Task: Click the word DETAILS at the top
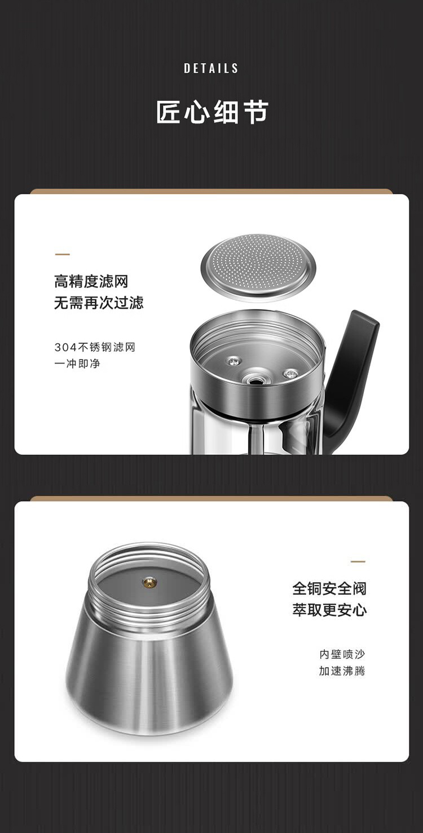pyautogui.click(x=211, y=68)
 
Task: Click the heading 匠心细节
pyautogui.click(x=211, y=112)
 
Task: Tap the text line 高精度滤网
pyautogui.click(x=91, y=281)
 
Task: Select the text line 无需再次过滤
pyautogui.click(x=99, y=303)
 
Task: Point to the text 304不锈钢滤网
pyautogui.click(x=95, y=347)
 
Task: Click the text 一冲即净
pyautogui.click(x=77, y=364)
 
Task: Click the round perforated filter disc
pyautogui.click(x=258, y=265)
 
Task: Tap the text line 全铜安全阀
pyautogui.click(x=329, y=588)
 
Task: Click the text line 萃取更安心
pyautogui.click(x=329, y=610)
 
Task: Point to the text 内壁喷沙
pyautogui.click(x=342, y=654)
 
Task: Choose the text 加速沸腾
pyautogui.click(x=342, y=671)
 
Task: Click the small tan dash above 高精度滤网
pyautogui.click(x=62, y=255)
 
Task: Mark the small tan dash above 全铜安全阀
pyautogui.click(x=358, y=561)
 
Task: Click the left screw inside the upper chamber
pyautogui.click(x=234, y=360)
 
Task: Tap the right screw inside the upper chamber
pyautogui.click(x=290, y=372)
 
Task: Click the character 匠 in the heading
pyautogui.click(x=168, y=112)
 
